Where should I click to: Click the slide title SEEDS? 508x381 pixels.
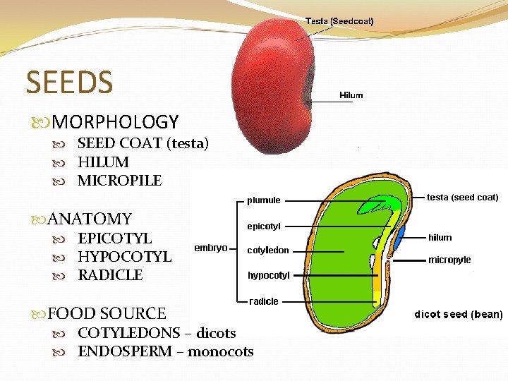tap(69, 82)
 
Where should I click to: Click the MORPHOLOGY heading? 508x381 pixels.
tap(115, 123)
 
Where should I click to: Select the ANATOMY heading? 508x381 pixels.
tap(90, 219)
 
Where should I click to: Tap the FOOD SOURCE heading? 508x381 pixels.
tap(107, 314)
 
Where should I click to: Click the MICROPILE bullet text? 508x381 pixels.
tap(120, 181)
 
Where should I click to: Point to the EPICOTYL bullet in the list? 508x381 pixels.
tap(114, 238)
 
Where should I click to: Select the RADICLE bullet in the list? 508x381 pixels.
tap(110, 275)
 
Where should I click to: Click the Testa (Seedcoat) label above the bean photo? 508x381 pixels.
tap(339, 21)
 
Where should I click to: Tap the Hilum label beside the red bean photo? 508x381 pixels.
tap(351, 95)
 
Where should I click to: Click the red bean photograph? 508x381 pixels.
tap(272, 85)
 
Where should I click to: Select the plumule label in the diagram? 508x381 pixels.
tap(264, 200)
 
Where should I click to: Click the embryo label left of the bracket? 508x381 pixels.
tap(212, 248)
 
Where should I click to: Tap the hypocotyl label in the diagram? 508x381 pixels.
tap(269, 275)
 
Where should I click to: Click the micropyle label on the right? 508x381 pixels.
tap(449, 260)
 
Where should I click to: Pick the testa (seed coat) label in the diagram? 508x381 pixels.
tap(463, 198)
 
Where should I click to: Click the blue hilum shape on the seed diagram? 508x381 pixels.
tap(400, 238)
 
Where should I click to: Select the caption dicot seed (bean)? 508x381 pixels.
tap(458, 314)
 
